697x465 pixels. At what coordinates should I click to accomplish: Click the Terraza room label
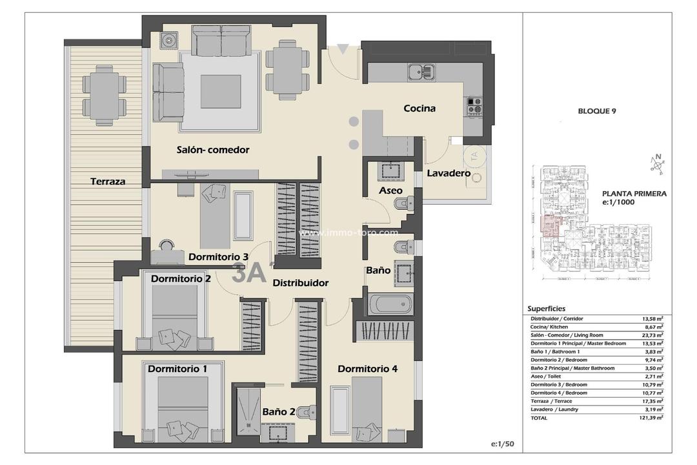pyautogui.click(x=108, y=181)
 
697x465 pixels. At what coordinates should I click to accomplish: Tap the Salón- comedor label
pyautogui.click(x=213, y=150)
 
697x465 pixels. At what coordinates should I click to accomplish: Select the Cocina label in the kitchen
pyautogui.click(x=419, y=108)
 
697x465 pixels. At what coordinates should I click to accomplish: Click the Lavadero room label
pyautogui.click(x=449, y=173)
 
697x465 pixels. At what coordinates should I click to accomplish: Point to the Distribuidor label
pyautogui.click(x=300, y=283)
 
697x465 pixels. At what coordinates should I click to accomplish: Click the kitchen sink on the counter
pyautogui.click(x=421, y=71)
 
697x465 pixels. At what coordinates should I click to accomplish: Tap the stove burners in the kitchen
pyautogui.click(x=474, y=105)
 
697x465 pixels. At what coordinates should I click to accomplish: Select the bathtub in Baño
pyautogui.click(x=390, y=304)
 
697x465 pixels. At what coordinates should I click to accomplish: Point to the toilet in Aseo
pyautogui.click(x=402, y=204)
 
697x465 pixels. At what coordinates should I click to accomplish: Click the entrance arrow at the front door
pyautogui.click(x=343, y=48)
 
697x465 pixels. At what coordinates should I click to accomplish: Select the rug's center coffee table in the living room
pyautogui.click(x=220, y=92)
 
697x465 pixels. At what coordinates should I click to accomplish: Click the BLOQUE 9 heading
pyautogui.click(x=597, y=111)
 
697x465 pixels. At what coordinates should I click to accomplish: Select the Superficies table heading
pyautogui.click(x=547, y=309)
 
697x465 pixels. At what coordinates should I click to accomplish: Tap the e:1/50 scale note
pyautogui.click(x=501, y=444)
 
